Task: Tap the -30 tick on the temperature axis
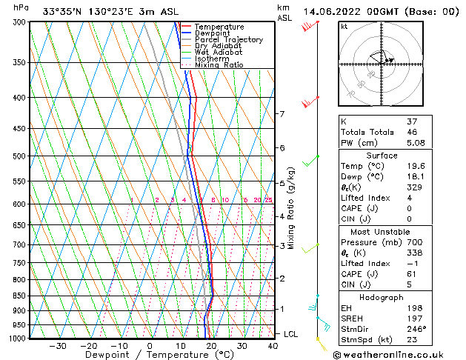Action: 58,345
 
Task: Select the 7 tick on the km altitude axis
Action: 282,114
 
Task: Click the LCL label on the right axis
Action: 290,334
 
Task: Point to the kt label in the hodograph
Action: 344,27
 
